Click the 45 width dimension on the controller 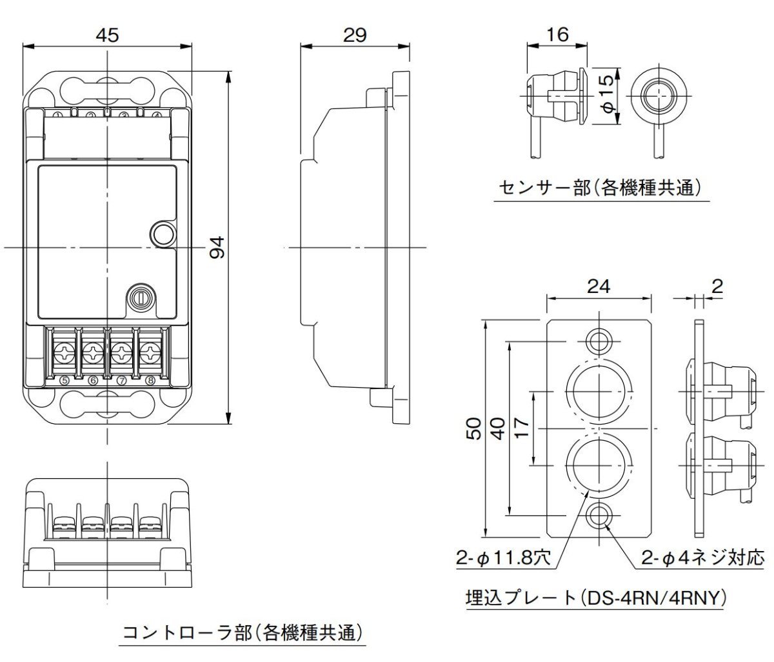point(108,35)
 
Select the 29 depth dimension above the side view point(355,35)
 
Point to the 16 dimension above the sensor point(557,35)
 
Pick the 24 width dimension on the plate point(599,286)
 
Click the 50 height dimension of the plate point(474,429)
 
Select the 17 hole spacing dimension point(522,429)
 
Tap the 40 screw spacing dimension point(498,429)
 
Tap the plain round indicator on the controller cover point(162,234)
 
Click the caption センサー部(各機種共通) point(599,188)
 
